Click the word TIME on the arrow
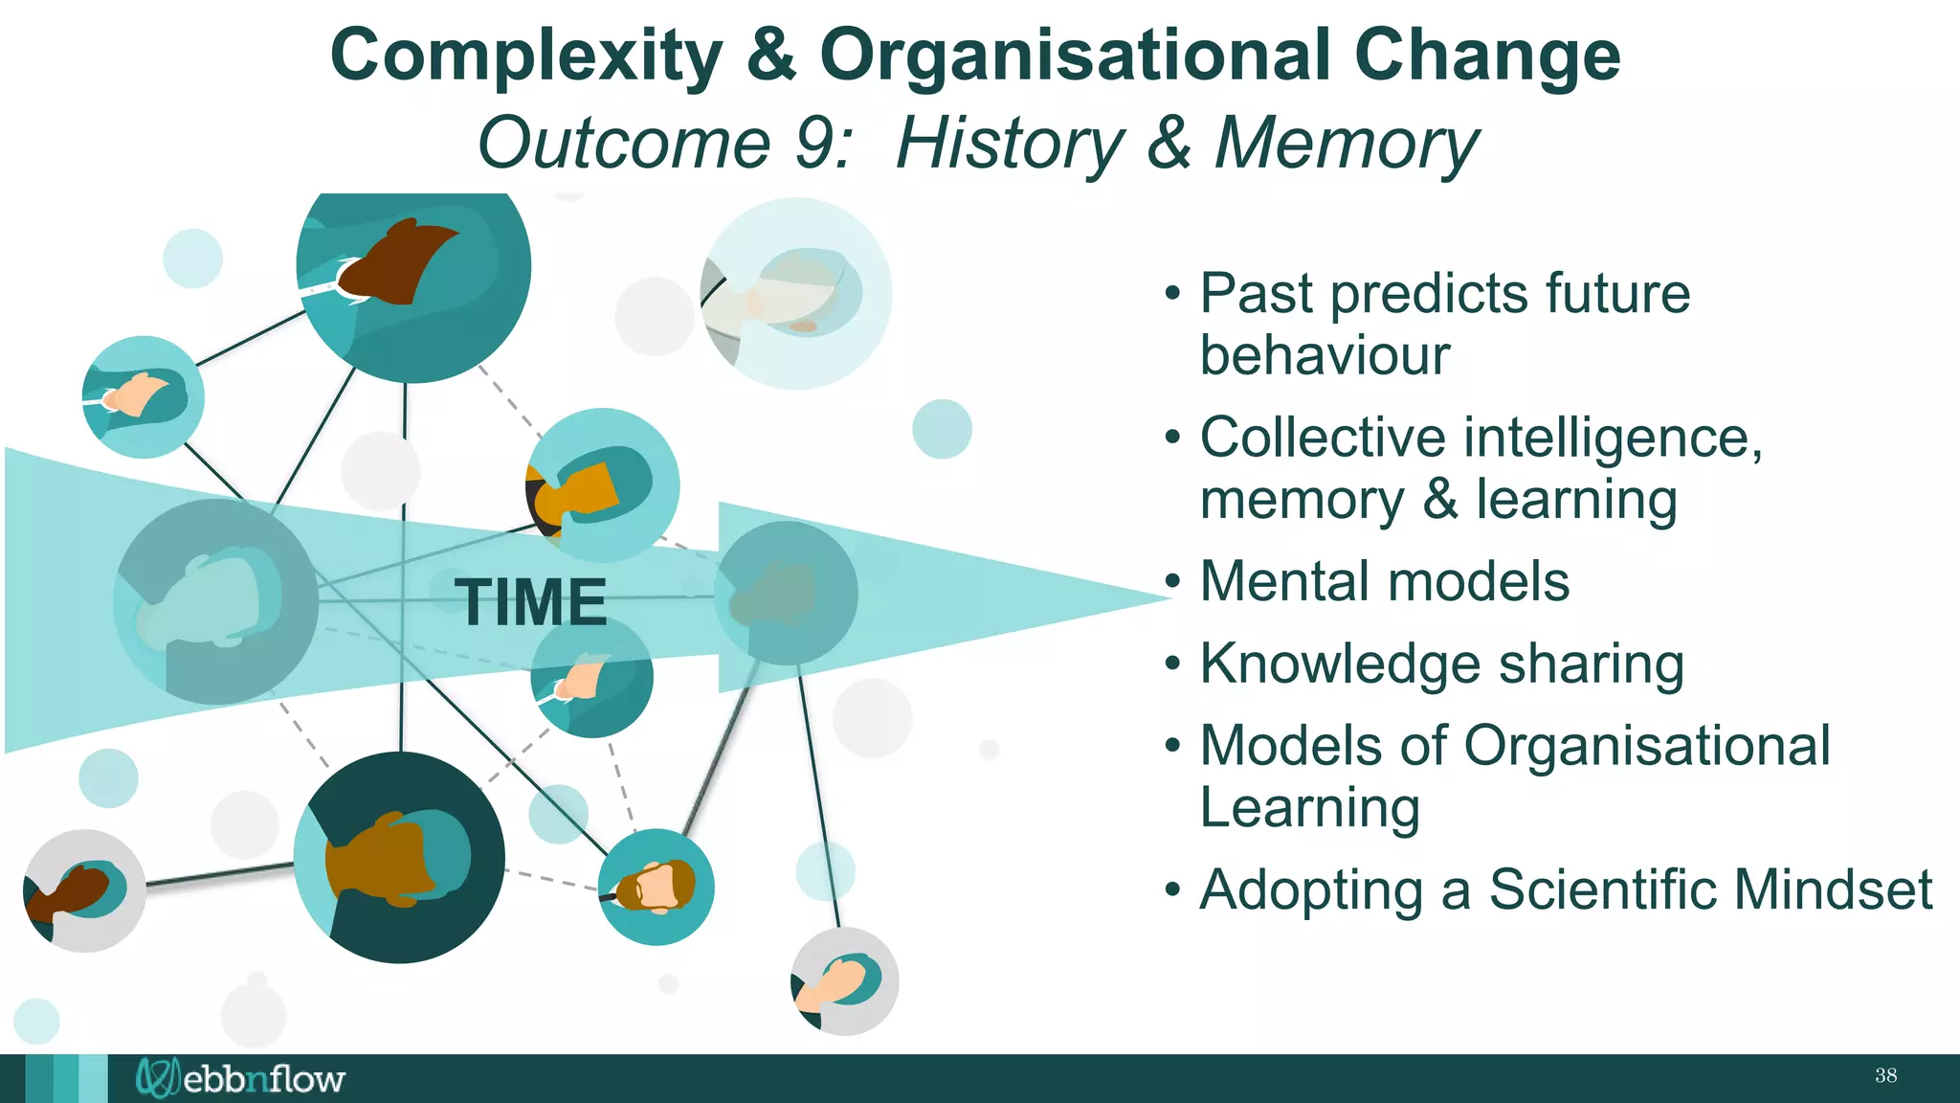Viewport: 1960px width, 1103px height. click(x=530, y=602)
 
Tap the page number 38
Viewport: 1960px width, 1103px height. click(x=1885, y=1075)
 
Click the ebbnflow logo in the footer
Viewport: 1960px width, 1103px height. click(x=240, y=1078)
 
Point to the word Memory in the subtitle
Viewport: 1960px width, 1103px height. click(x=1346, y=144)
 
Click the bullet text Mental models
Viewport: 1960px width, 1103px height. click(x=1384, y=581)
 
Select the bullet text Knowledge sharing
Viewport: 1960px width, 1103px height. click(x=1441, y=664)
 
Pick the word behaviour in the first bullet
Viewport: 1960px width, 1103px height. click(x=1325, y=355)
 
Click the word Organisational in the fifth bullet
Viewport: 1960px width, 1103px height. click(x=1646, y=745)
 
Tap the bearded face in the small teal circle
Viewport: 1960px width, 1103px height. click(x=657, y=887)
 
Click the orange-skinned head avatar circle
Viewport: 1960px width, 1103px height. click(x=603, y=485)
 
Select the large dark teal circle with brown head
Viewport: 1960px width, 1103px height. click(x=399, y=858)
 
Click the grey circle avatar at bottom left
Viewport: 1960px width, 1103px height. click(x=84, y=890)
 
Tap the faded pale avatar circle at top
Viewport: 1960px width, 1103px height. click(x=796, y=293)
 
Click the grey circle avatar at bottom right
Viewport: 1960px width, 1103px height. click(x=844, y=981)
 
